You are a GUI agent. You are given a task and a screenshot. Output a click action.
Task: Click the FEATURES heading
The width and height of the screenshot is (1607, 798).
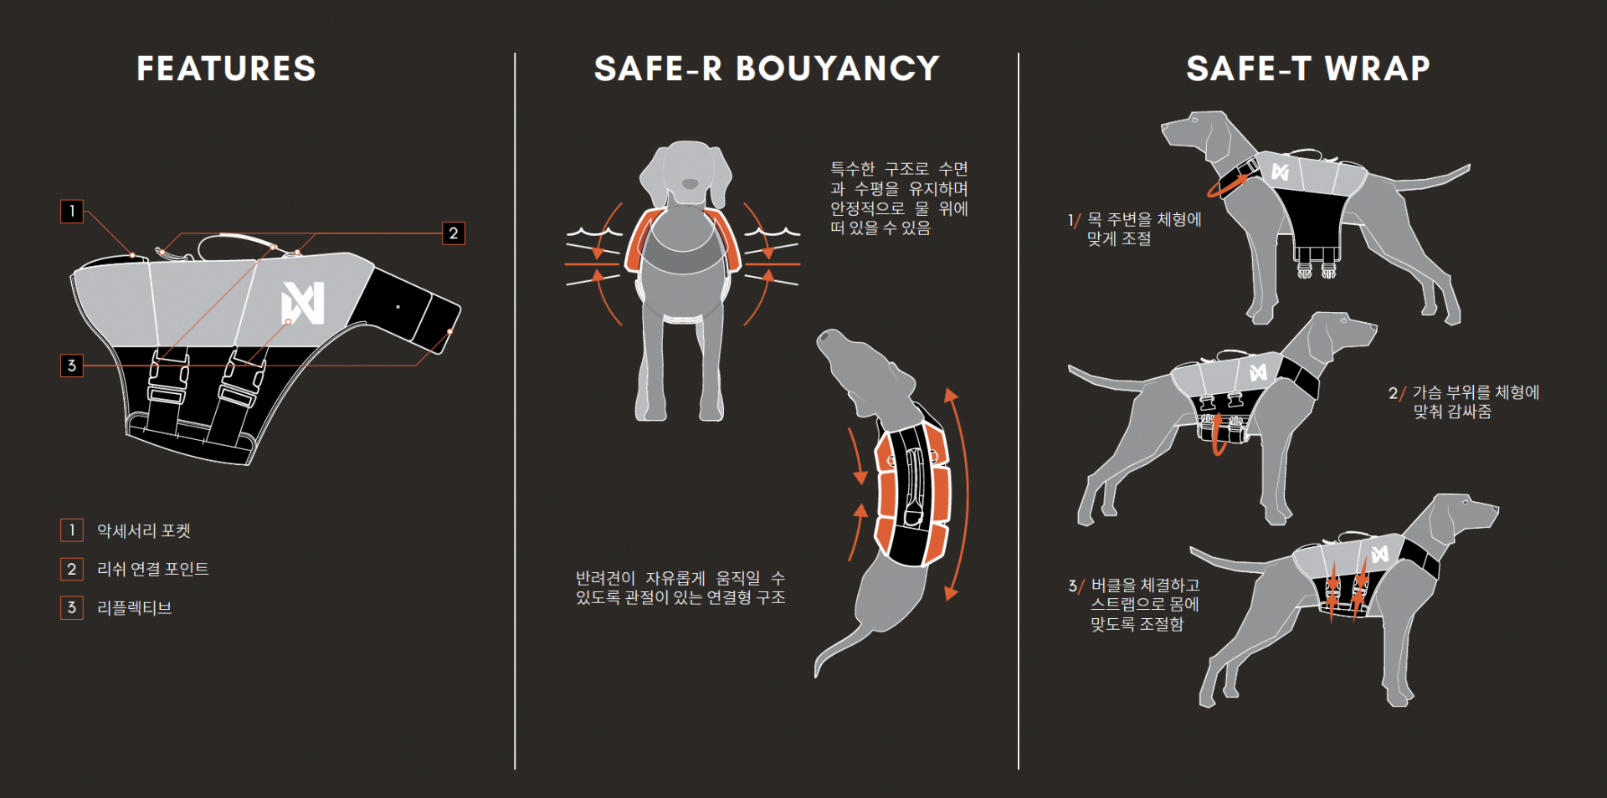(x=226, y=69)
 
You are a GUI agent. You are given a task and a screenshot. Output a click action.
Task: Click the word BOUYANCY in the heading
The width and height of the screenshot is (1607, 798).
(x=837, y=69)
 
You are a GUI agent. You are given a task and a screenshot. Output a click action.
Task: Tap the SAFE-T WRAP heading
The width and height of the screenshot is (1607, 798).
(x=1308, y=69)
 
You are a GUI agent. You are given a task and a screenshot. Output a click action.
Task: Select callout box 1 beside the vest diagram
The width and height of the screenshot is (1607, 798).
(x=72, y=211)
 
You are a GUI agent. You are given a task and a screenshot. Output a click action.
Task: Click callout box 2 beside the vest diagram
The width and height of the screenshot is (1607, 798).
(x=454, y=233)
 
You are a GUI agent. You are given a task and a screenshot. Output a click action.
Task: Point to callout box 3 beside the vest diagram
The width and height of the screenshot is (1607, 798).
(x=72, y=366)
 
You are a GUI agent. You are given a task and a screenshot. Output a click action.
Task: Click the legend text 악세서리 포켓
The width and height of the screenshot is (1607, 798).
(x=144, y=530)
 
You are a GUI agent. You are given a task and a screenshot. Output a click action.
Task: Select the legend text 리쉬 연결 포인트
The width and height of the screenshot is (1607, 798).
(x=153, y=569)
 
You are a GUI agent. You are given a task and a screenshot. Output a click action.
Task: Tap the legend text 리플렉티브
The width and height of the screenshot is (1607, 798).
(x=135, y=607)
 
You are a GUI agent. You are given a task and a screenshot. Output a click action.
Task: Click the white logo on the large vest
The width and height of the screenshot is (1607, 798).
(x=303, y=303)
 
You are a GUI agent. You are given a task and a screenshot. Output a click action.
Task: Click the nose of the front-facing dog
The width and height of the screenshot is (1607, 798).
(x=690, y=183)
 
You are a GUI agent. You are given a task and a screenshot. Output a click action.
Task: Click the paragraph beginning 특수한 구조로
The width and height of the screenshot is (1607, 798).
(x=899, y=198)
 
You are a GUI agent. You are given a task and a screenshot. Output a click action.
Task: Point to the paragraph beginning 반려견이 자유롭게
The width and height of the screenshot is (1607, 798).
(x=680, y=587)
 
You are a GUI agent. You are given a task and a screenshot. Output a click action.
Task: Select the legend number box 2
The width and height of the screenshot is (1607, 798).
(x=72, y=569)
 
